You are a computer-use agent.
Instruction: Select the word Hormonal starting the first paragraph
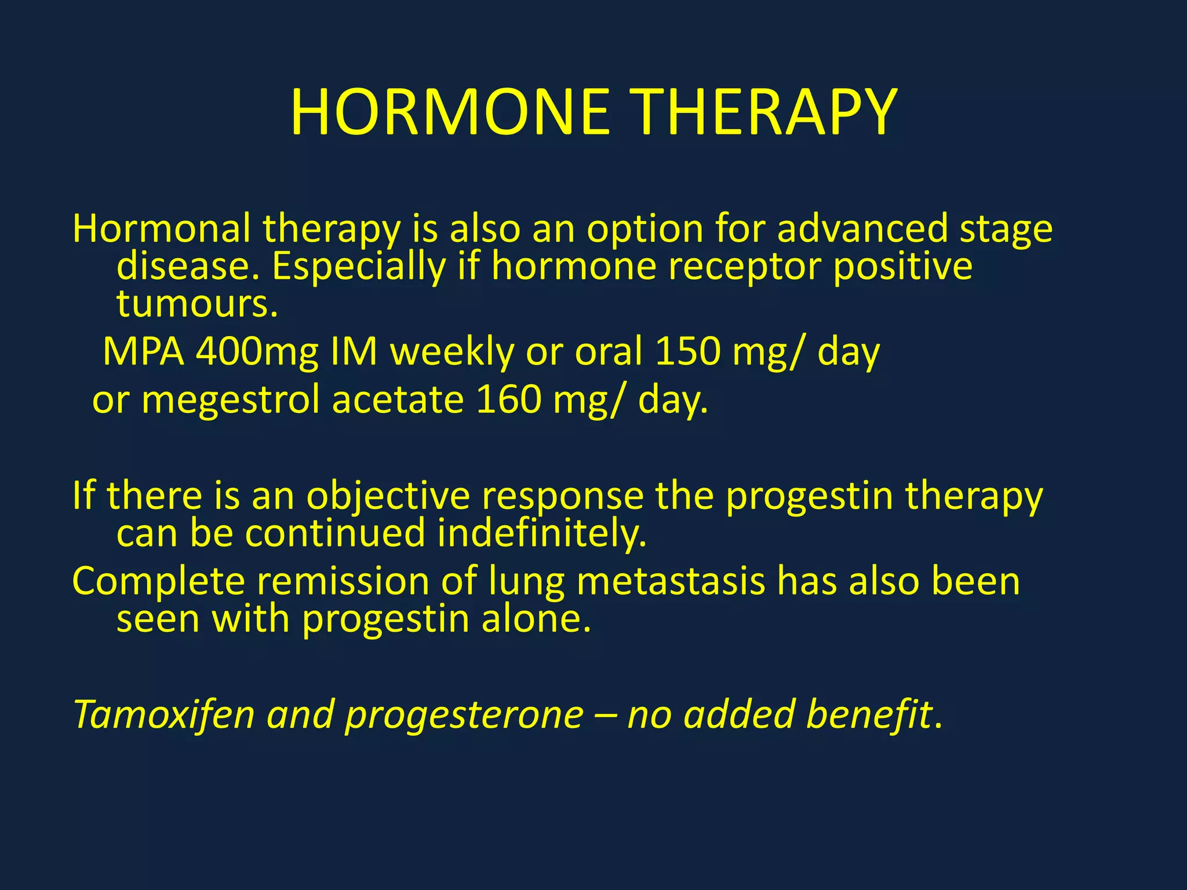(162, 228)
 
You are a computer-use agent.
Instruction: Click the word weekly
(452, 352)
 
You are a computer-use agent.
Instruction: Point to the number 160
(508, 400)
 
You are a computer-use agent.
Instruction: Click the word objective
(388, 496)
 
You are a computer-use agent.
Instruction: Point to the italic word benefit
(869, 714)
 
